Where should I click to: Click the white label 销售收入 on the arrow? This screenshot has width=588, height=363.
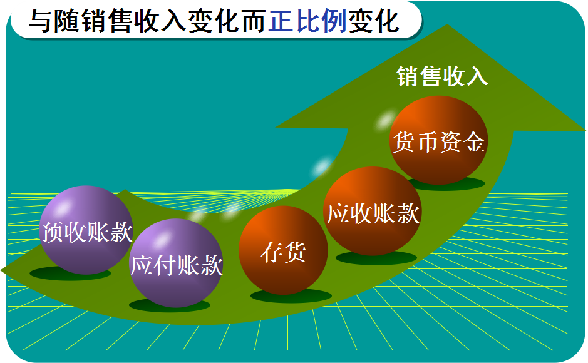[x=442, y=77]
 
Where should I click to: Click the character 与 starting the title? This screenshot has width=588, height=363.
[x=39, y=21]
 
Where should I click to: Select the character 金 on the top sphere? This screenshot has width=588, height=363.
[x=474, y=143]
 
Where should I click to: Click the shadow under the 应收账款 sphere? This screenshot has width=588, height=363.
[x=376, y=257]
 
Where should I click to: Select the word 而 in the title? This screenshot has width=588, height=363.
[x=253, y=21]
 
